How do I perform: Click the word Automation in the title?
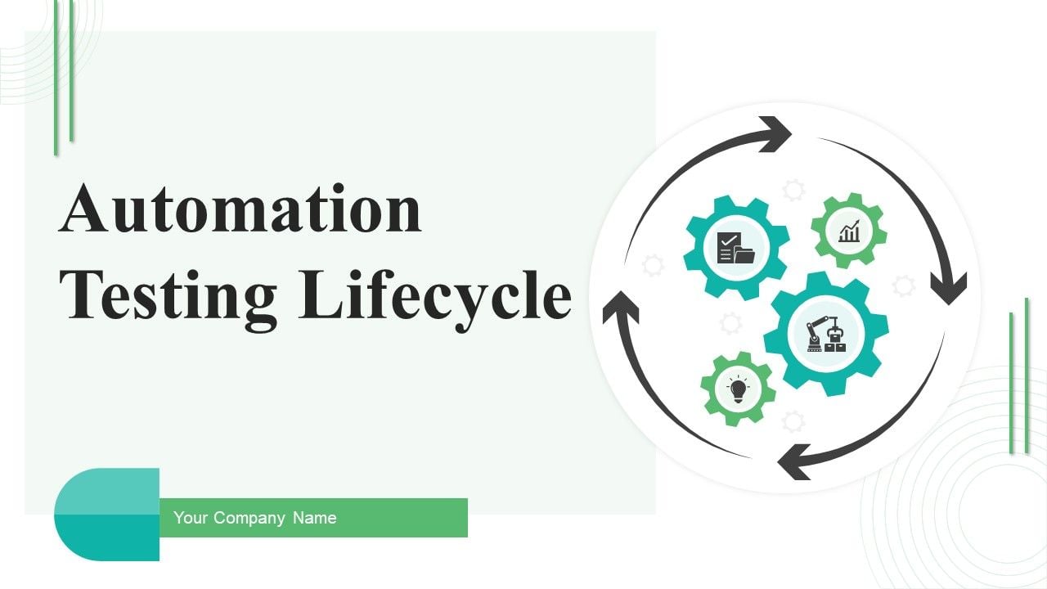click(x=240, y=209)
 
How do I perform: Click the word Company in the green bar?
click(x=249, y=518)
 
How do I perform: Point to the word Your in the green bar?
click(x=191, y=518)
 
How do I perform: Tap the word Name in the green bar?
click(x=315, y=518)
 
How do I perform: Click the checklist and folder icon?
click(x=735, y=248)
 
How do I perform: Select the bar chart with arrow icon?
click(x=849, y=231)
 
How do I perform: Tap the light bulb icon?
click(x=738, y=389)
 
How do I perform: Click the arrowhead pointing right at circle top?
click(x=774, y=134)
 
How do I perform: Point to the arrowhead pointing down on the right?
click(x=948, y=289)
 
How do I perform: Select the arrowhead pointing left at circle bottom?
click(x=794, y=462)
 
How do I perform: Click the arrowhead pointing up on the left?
click(x=621, y=307)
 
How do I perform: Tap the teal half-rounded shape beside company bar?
click(x=106, y=515)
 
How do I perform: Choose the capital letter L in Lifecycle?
click(x=320, y=294)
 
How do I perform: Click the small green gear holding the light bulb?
click(x=738, y=389)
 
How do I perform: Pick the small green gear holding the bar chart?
click(x=849, y=231)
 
